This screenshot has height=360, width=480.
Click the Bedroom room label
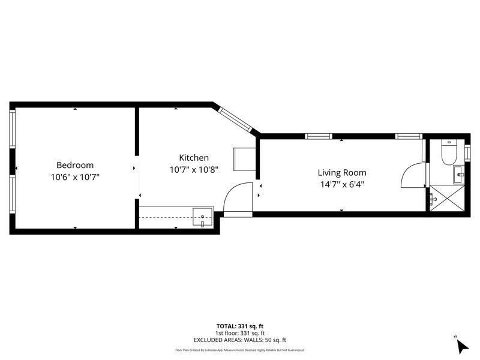(x=75, y=165)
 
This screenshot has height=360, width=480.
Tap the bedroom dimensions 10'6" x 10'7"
(x=75, y=178)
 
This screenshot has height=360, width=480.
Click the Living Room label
(x=341, y=172)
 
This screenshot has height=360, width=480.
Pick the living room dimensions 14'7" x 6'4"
(x=341, y=185)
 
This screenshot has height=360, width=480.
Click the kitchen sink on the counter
(x=203, y=217)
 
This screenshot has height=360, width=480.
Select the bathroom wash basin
(x=459, y=175)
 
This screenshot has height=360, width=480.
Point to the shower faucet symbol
(x=433, y=196)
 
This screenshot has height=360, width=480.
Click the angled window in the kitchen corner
(x=235, y=119)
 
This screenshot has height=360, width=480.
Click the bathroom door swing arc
(x=412, y=175)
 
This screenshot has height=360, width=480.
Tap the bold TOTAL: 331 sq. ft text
(x=240, y=326)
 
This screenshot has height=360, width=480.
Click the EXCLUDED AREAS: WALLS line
(x=240, y=340)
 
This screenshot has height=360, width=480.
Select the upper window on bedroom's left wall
(x=12, y=129)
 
